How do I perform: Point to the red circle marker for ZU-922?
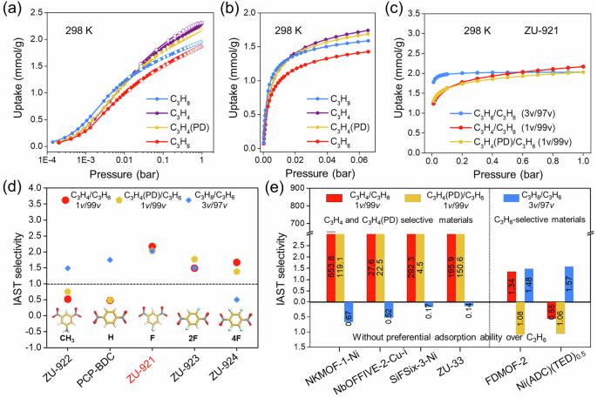pyautogui.click(x=69, y=299)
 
